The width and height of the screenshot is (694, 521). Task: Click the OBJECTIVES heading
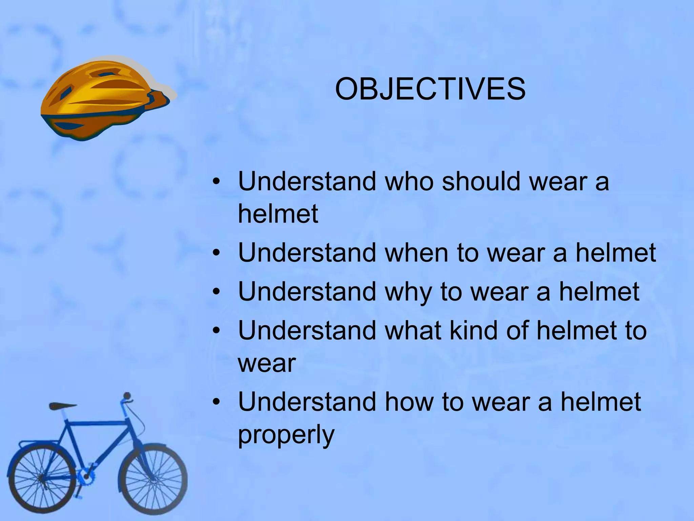click(x=430, y=89)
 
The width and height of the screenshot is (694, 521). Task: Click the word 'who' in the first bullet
click(x=409, y=181)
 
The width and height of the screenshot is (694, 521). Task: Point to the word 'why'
click(x=408, y=292)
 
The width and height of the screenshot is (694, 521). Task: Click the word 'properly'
click(x=286, y=436)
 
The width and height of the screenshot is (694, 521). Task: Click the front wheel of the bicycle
click(x=152, y=478)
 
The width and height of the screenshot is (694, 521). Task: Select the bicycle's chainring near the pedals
click(x=86, y=477)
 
